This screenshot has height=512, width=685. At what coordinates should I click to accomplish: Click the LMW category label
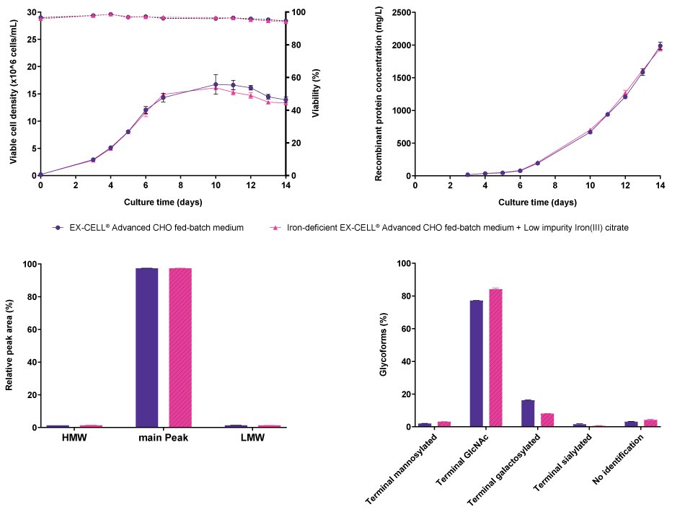pyautogui.click(x=252, y=438)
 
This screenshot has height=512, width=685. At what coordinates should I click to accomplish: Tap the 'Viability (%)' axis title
pyautogui.click(x=315, y=94)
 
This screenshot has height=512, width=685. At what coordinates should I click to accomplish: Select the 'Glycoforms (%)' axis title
pyautogui.click(x=383, y=345)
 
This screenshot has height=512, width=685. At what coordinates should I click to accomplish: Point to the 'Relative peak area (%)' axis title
pyautogui.click(x=9, y=345)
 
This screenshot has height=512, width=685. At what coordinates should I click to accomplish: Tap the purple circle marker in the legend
pyautogui.click(x=58, y=228)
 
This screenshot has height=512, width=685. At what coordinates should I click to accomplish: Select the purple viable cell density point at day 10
pyautogui.click(x=216, y=84)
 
